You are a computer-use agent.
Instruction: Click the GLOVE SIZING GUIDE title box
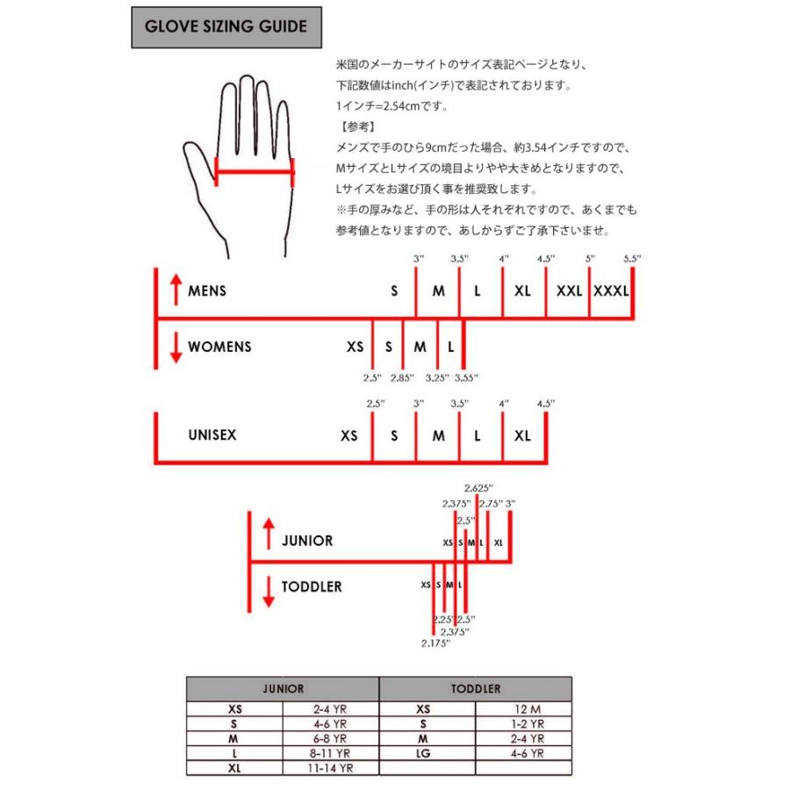tap(226, 27)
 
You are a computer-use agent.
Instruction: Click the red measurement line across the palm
tap(255, 173)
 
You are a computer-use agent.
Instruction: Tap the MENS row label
tap(207, 291)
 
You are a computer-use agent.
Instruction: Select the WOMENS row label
tap(219, 347)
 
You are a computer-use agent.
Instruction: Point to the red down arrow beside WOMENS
tap(176, 347)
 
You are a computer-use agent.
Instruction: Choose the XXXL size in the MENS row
tap(611, 291)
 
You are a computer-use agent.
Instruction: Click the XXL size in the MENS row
tap(569, 291)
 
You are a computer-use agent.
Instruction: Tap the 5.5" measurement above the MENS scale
tap(632, 258)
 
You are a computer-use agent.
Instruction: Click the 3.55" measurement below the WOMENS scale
tap(467, 378)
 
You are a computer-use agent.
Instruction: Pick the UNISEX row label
tap(212, 434)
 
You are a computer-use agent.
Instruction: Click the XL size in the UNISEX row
tap(523, 435)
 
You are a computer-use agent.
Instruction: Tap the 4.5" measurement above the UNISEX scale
tap(546, 403)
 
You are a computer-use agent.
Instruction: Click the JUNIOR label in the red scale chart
tap(307, 541)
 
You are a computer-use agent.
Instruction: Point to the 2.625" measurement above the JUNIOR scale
tap(479, 488)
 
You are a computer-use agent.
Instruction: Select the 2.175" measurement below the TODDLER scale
tap(435, 643)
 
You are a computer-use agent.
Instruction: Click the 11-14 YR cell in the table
tap(330, 766)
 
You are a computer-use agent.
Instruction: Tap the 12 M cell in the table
tap(524, 709)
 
